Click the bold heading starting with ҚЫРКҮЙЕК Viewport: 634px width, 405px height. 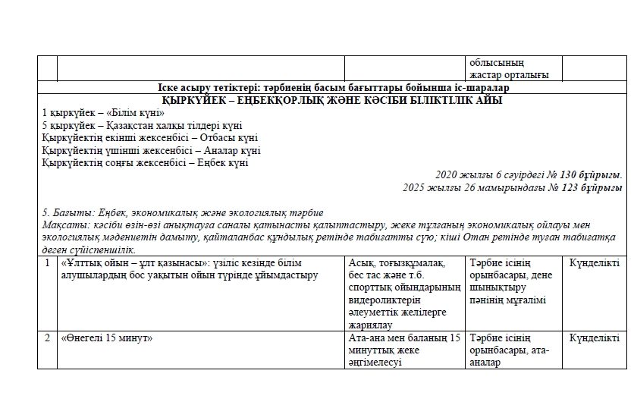click(332, 100)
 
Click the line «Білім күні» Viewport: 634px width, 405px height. click(104, 113)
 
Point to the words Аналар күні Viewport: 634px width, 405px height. click(230, 149)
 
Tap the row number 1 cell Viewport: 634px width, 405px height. click(47, 263)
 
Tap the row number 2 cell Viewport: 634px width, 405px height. click(47, 338)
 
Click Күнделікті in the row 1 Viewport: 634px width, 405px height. click(595, 263)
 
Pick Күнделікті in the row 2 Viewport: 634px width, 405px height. click(595, 338)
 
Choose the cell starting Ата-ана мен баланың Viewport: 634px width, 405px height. click(403, 350)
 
